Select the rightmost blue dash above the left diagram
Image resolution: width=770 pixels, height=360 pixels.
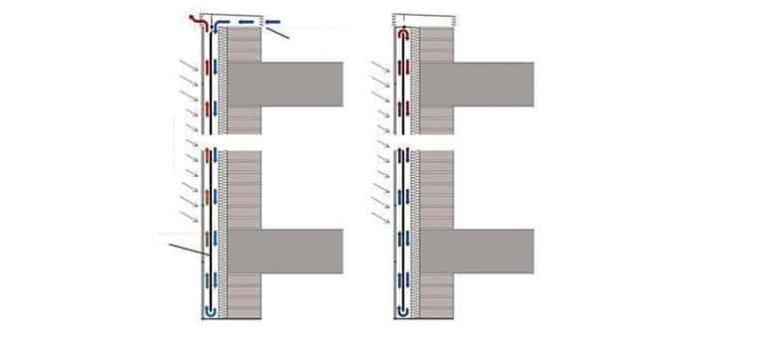pyautogui.click(x=271, y=21)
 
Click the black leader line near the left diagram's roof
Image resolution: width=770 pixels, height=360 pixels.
pyautogui.click(x=277, y=34)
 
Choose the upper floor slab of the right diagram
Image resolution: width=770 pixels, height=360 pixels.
pyautogui.click(x=492, y=84)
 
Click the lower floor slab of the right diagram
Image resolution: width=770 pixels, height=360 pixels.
pyautogui.click(x=492, y=251)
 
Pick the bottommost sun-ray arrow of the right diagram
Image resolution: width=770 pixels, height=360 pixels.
pyautogui.click(x=377, y=217)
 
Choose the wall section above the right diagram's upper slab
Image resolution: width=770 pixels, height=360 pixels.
pyautogui.click(x=436, y=46)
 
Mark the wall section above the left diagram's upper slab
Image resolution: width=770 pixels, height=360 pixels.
pyautogui.click(x=245, y=46)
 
